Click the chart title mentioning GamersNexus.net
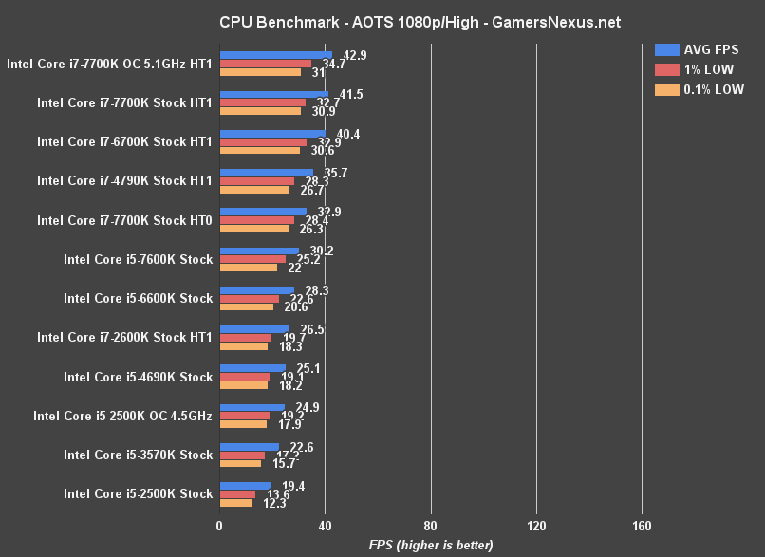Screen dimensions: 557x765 click(382, 21)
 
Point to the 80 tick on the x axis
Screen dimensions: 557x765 click(430, 526)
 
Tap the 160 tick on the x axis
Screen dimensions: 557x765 click(641, 526)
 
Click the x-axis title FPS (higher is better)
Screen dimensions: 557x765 click(431, 545)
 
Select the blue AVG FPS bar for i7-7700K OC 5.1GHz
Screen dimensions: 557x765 click(275, 55)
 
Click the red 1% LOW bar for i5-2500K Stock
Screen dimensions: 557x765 click(237, 494)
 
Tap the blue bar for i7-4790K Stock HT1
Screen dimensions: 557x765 click(266, 173)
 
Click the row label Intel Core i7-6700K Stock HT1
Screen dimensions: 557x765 click(124, 141)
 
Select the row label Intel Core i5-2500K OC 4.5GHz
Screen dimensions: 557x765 click(122, 416)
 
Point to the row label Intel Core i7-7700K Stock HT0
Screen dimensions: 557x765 click(124, 220)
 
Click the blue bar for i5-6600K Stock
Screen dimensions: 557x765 click(256, 290)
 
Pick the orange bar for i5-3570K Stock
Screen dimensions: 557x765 click(240, 463)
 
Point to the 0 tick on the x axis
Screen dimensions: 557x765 click(219, 526)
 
